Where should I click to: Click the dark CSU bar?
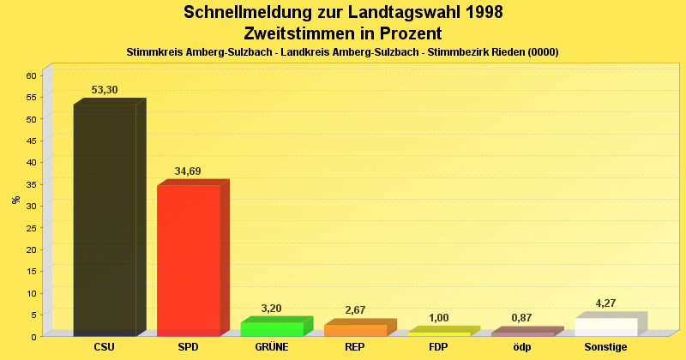[105, 219]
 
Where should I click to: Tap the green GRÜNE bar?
[272, 328]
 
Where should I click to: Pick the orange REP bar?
[355, 330]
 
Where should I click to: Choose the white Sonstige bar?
[605, 327]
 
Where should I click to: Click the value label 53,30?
[105, 90]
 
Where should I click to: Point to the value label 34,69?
[188, 171]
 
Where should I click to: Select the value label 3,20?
[271, 309]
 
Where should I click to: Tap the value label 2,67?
[355, 310]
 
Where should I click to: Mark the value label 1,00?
[438, 318]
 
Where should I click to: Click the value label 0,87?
[521, 318]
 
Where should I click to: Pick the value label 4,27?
[605, 303]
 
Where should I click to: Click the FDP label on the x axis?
[438, 347]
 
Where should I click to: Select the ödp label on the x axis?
[521, 347]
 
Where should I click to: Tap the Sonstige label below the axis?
[605, 347]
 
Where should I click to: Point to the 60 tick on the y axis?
[31, 75]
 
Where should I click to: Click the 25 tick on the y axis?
[31, 227]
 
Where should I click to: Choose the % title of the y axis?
[15, 200]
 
